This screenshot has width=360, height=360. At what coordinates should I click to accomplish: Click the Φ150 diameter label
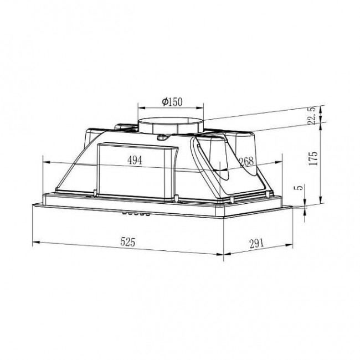click(x=172, y=101)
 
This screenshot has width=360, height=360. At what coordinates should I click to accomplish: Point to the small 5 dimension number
click(x=300, y=188)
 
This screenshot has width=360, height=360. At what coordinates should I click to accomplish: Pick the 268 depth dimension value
click(x=245, y=161)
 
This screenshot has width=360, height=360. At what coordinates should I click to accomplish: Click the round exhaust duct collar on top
click(x=171, y=125)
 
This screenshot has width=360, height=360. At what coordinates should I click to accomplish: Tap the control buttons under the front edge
click(x=136, y=214)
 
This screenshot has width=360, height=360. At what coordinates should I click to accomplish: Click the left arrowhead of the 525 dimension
click(x=35, y=241)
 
